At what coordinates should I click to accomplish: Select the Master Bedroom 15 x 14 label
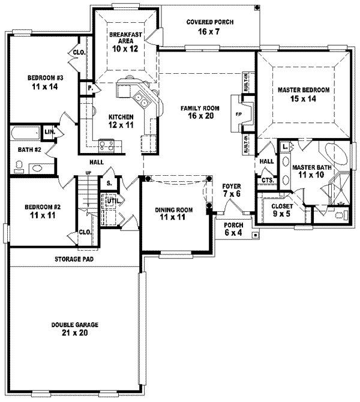click(x=304, y=94)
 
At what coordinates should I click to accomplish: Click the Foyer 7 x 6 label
click(x=232, y=190)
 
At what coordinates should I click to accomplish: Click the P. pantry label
click(x=91, y=88)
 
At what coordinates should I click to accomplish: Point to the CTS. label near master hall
click(x=267, y=180)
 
